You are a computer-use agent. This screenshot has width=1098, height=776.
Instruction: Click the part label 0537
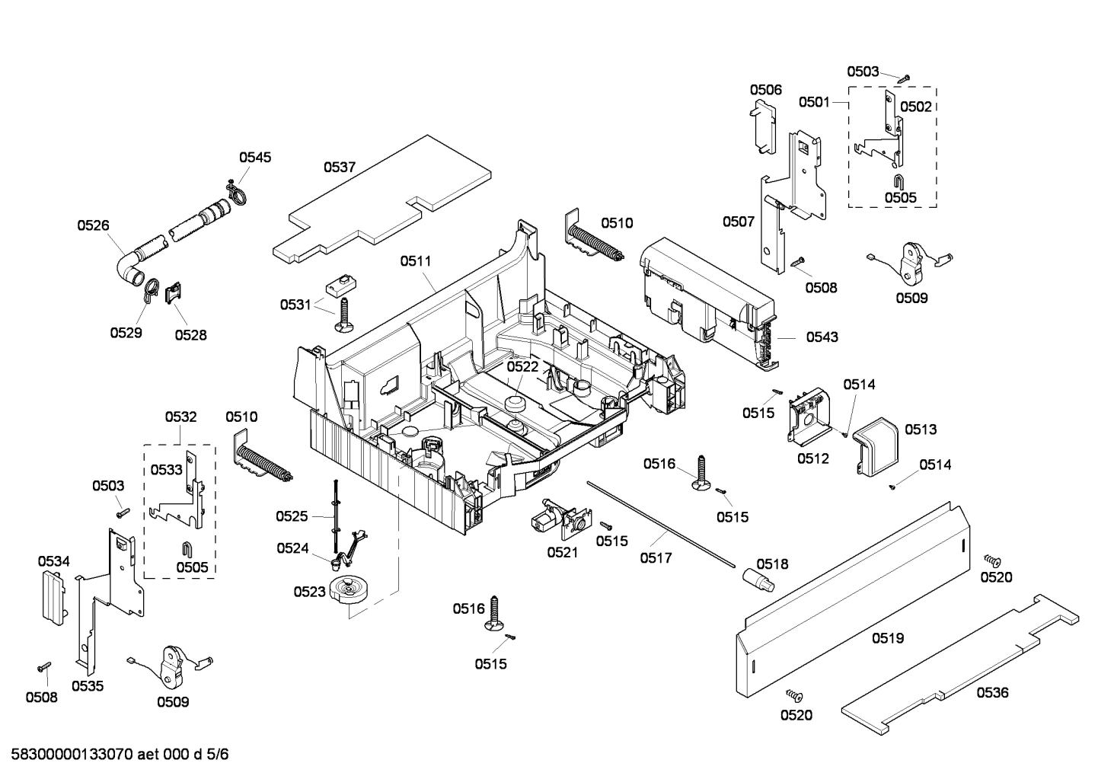click(340, 167)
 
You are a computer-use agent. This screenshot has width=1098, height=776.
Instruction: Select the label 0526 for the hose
click(93, 225)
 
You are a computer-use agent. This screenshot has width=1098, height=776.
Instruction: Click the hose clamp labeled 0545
click(237, 193)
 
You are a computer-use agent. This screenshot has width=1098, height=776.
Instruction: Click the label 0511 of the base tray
click(416, 260)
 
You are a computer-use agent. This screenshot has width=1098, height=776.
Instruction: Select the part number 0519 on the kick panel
click(888, 638)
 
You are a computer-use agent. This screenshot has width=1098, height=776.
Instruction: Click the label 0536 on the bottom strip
click(992, 692)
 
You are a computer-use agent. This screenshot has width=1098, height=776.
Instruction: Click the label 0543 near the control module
click(822, 337)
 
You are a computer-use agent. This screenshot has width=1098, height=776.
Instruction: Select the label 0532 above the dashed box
click(180, 417)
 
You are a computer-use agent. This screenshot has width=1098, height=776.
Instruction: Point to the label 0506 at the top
click(765, 90)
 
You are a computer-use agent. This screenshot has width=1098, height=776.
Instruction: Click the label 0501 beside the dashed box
click(814, 102)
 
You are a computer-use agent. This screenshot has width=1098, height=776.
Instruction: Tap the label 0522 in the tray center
click(522, 366)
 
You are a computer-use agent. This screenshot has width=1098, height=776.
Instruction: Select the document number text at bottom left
click(115, 755)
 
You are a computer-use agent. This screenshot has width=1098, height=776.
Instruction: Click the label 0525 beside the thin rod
click(292, 516)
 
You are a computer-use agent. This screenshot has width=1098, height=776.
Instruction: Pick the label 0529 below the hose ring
click(126, 333)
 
